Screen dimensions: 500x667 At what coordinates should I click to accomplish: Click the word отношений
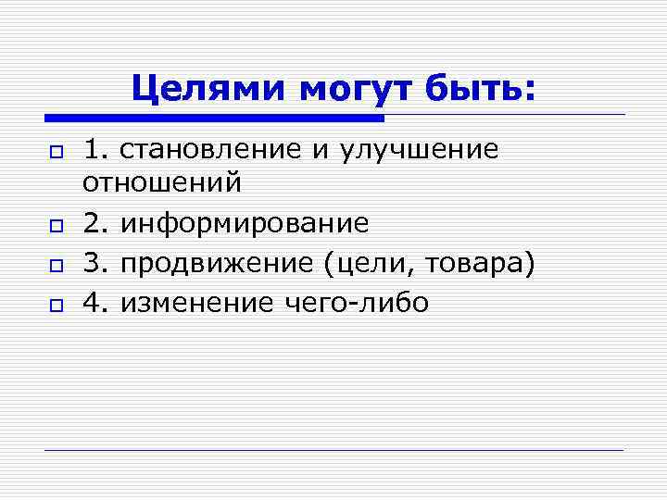pos(162,182)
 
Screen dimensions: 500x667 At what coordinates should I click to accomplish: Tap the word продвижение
pos(219,263)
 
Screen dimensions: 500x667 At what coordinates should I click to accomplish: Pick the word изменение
pos(196,303)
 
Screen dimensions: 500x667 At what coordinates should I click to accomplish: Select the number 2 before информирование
pos(93,223)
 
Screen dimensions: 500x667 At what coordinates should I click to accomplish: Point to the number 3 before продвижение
pos(93,263)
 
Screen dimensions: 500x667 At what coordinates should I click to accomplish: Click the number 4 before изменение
pos(93,303)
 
